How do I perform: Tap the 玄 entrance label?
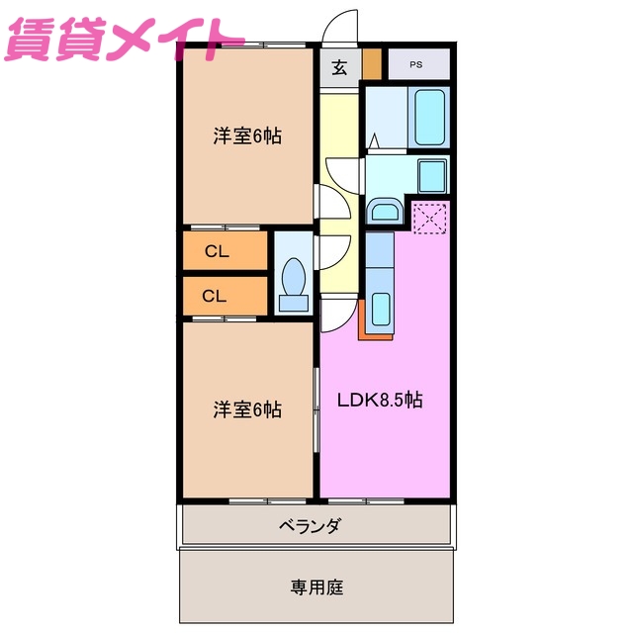[x=339, y=67]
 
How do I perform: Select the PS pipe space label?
[x=416, y=65]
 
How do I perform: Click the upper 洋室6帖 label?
[x=247, y=136]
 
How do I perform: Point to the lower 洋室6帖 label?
[x=247, y=408]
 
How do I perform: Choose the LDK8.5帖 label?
[x=381, y=401]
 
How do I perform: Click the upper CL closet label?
[x=217, y=251]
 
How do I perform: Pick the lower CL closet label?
[x=215, y=295]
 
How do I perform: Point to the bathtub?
[x=430, y=117]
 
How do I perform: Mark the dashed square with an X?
[x=429, y=218]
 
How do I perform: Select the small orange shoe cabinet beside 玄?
[x=371, y=64]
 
